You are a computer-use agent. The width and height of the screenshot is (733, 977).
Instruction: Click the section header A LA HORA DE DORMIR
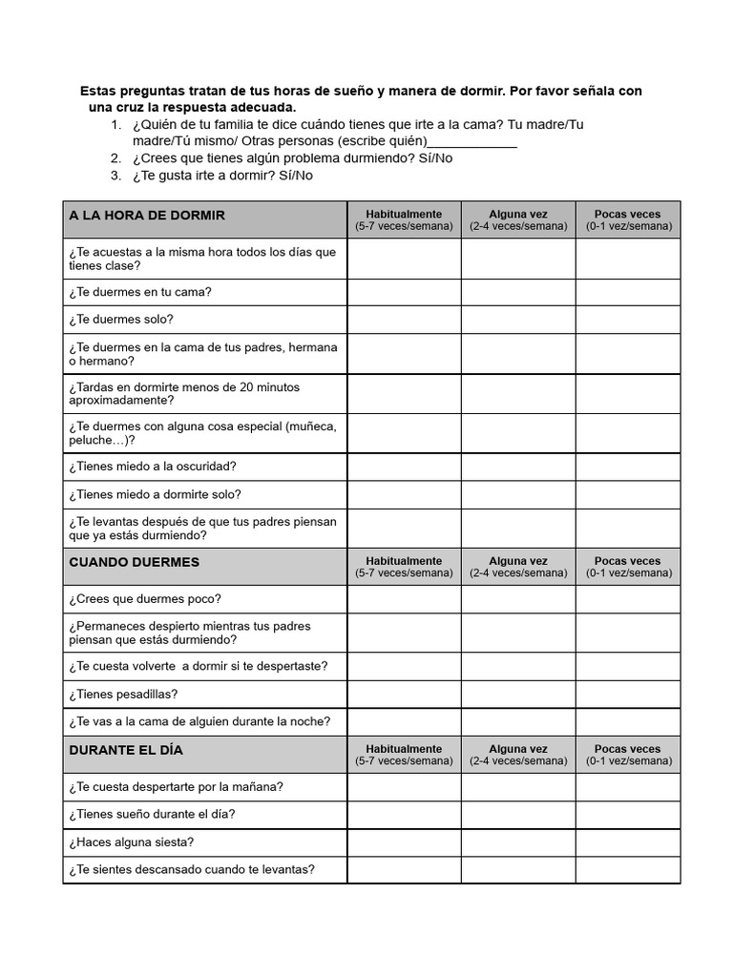[x=147, y=216]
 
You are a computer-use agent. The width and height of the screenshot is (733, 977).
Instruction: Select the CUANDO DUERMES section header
[x=135, y=562]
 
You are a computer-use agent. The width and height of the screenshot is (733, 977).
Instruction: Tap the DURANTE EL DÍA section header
[x=126, y=750]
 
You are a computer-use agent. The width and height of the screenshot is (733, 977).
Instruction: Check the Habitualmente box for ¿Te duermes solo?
[x=404, y=320]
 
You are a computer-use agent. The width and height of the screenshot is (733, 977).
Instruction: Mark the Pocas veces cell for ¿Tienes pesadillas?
[x=627, y=695]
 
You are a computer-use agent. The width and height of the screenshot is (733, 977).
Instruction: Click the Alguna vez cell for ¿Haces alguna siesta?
[x=518, y=842]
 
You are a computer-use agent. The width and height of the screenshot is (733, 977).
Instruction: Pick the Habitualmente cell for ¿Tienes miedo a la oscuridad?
[x=404, y=467]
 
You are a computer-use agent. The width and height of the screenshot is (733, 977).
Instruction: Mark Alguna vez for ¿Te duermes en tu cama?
[x=518, y=292]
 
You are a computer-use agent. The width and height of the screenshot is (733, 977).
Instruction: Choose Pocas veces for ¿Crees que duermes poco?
[x=627, y=599]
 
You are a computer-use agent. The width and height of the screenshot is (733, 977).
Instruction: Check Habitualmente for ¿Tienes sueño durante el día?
[x=404, y=815]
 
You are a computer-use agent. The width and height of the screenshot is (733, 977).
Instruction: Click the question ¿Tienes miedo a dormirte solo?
[x=155, y=494]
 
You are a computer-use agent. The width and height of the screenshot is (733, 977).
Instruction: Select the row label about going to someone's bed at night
[x=199, y=722]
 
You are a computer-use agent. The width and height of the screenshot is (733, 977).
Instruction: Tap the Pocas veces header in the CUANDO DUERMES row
[x=627, y=567]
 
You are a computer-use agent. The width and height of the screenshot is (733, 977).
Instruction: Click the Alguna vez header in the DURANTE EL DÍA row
[x=518, y=755]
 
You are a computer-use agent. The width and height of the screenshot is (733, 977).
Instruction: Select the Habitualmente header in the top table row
[x=404, y=220]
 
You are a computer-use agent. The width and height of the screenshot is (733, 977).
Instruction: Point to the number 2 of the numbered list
[x=115, y=158]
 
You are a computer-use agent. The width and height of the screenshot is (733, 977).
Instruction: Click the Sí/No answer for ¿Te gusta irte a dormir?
[x=296, y=176]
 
